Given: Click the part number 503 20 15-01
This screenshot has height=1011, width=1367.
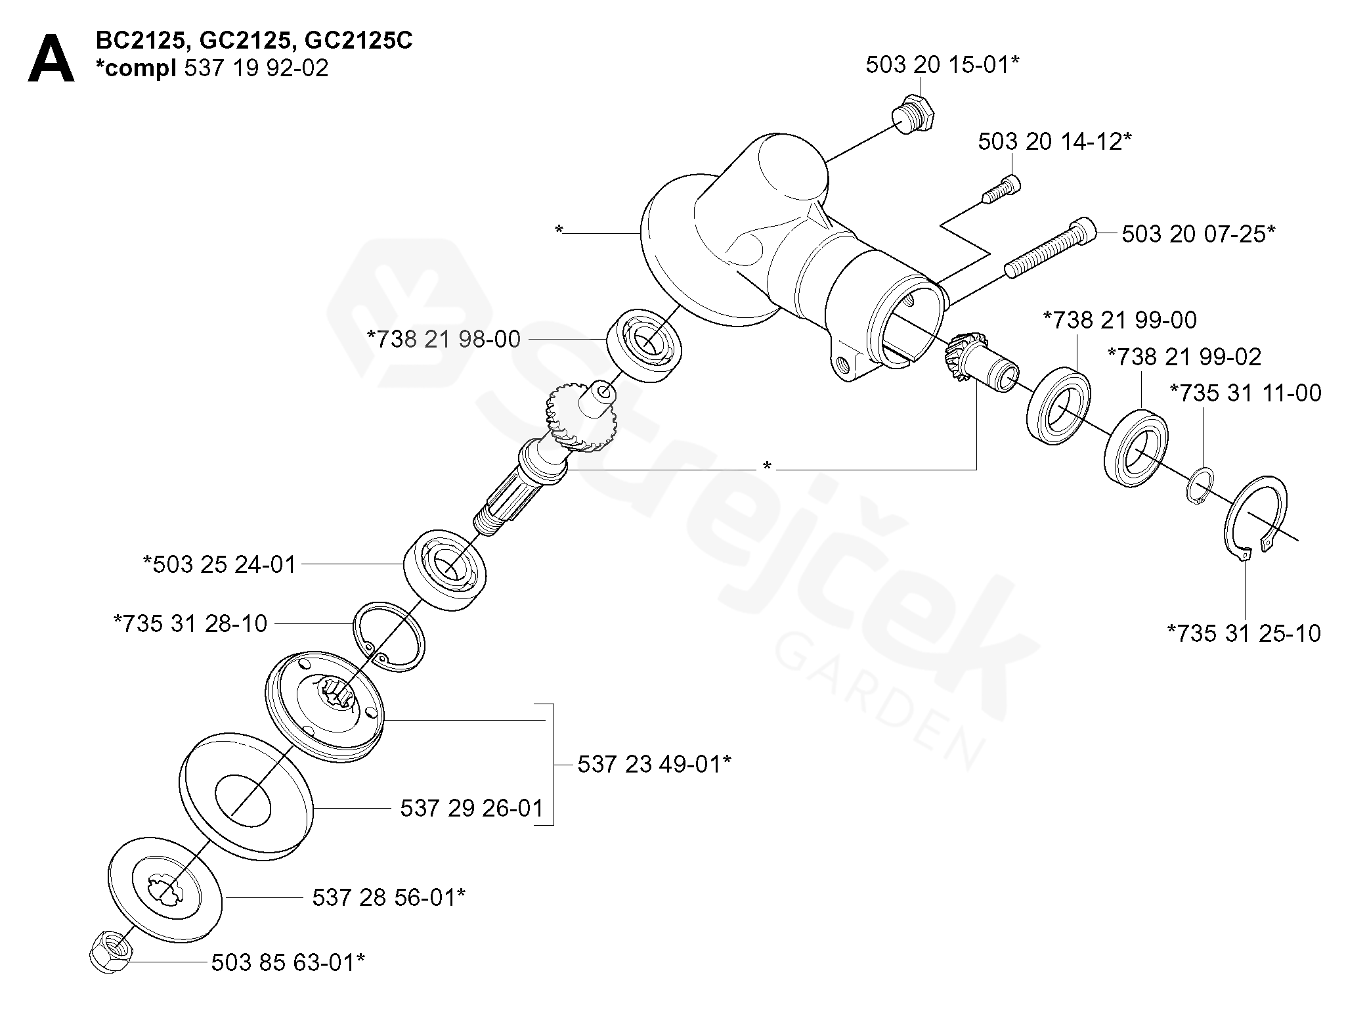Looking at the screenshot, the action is (x=942, y=65).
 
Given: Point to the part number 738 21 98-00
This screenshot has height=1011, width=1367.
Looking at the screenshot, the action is (x=444, y=340).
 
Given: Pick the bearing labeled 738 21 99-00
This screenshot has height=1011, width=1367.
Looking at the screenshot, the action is (x=1058, y=407).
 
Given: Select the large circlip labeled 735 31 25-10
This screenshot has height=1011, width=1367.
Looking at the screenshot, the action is (x=1255, y=518).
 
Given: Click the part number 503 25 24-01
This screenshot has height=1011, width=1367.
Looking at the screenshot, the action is (x=219, y=564).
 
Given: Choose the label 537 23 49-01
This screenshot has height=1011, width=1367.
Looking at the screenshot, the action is (x=654, y=765).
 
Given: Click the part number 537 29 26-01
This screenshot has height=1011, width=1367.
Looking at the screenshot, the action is (x=472, y=808).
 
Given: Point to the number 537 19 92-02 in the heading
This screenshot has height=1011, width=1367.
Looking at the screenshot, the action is (x=256, y=68).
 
